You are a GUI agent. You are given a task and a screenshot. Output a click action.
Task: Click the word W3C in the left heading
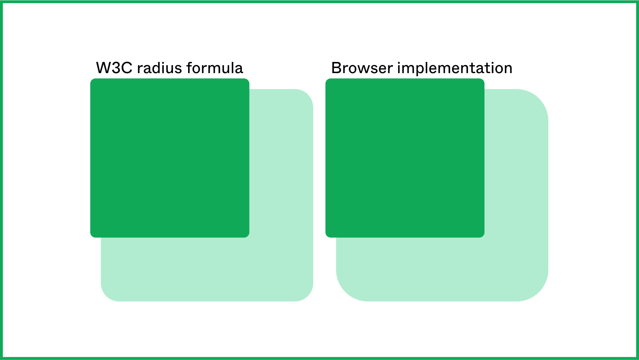pos(114,68)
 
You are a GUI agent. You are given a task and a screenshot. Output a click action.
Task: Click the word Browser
pos(362,68)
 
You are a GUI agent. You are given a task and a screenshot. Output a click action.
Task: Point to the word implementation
pos(455,69)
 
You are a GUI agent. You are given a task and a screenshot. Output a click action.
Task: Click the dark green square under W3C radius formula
pos(170,158)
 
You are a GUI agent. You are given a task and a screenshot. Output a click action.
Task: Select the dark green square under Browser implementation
pos(405,158)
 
